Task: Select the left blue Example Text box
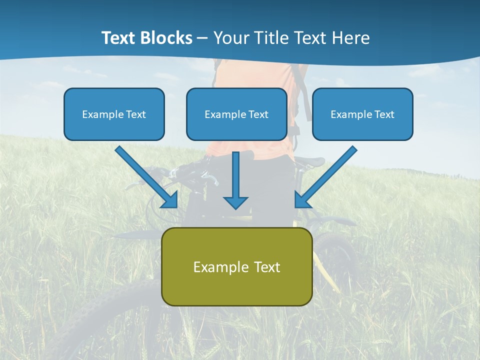point(114,114)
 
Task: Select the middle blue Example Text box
point(236,114)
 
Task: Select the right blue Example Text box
point(362,114)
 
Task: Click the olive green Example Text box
point(236,266)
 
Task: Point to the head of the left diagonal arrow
point(170,200)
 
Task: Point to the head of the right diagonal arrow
point(302,200)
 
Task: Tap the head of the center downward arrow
point(235,202)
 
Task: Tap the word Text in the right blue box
point(384,114)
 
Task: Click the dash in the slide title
point(202,38)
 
